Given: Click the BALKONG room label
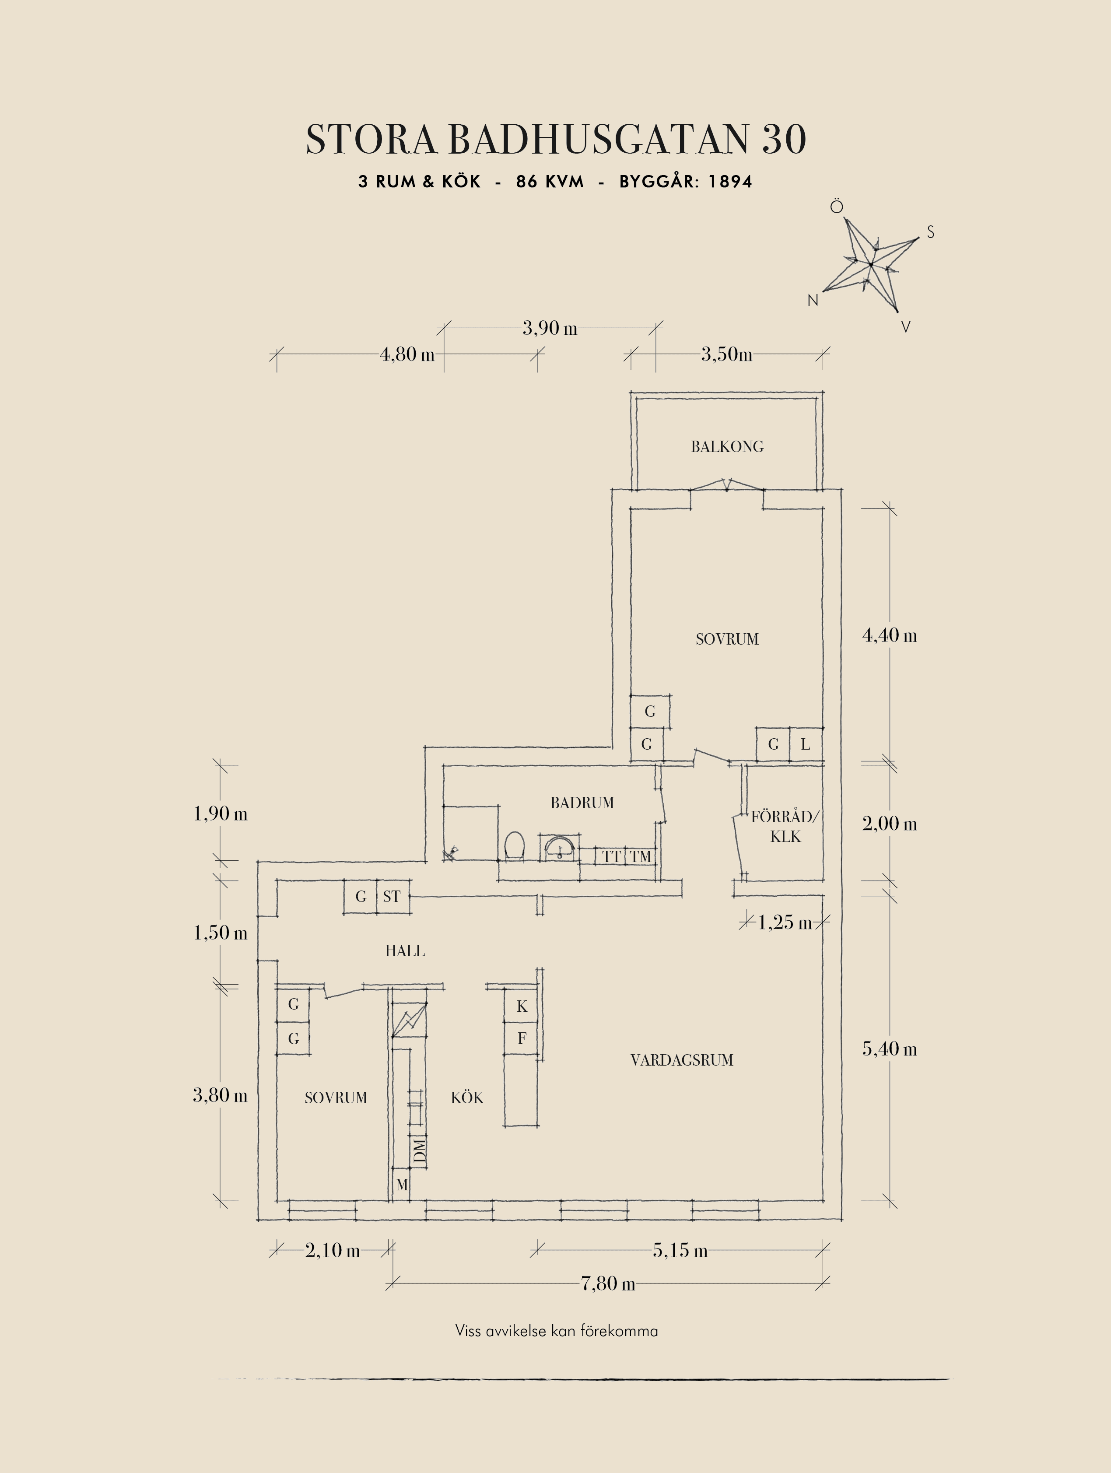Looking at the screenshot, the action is pyautogui.click(x=727, y=447).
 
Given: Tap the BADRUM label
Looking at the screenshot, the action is pyautogui.click(x=582, y=803).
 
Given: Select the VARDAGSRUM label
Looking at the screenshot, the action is pyautogui.click(x=682, y=1060).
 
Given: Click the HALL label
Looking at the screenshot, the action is pyautogui.click(x=405, y=951).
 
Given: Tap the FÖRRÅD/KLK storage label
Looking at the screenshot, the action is pyautogui.click(x=785, y=826).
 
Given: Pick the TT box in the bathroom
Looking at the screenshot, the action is pyautogui.click(x=612, y=856).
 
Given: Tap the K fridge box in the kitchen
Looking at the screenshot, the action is pyautogui.click(x=521, y=1006).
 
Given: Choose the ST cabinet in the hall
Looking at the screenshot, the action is pyautogui.click(x=392, y=896).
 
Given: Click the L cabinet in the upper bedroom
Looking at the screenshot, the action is pyautogui.click(x=806, y=744).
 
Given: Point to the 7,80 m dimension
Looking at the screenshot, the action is pyautogui.click(x=608, y=1283).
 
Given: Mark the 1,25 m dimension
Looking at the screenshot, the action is pyautogui.click(x=785, y=922).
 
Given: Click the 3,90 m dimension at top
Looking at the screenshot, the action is pyautogui.click(x=549, y=328).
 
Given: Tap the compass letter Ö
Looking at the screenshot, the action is pyautogui.click(x=836, y=207).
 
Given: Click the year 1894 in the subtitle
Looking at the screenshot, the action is pyautogui.click(x=730, y=182).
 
